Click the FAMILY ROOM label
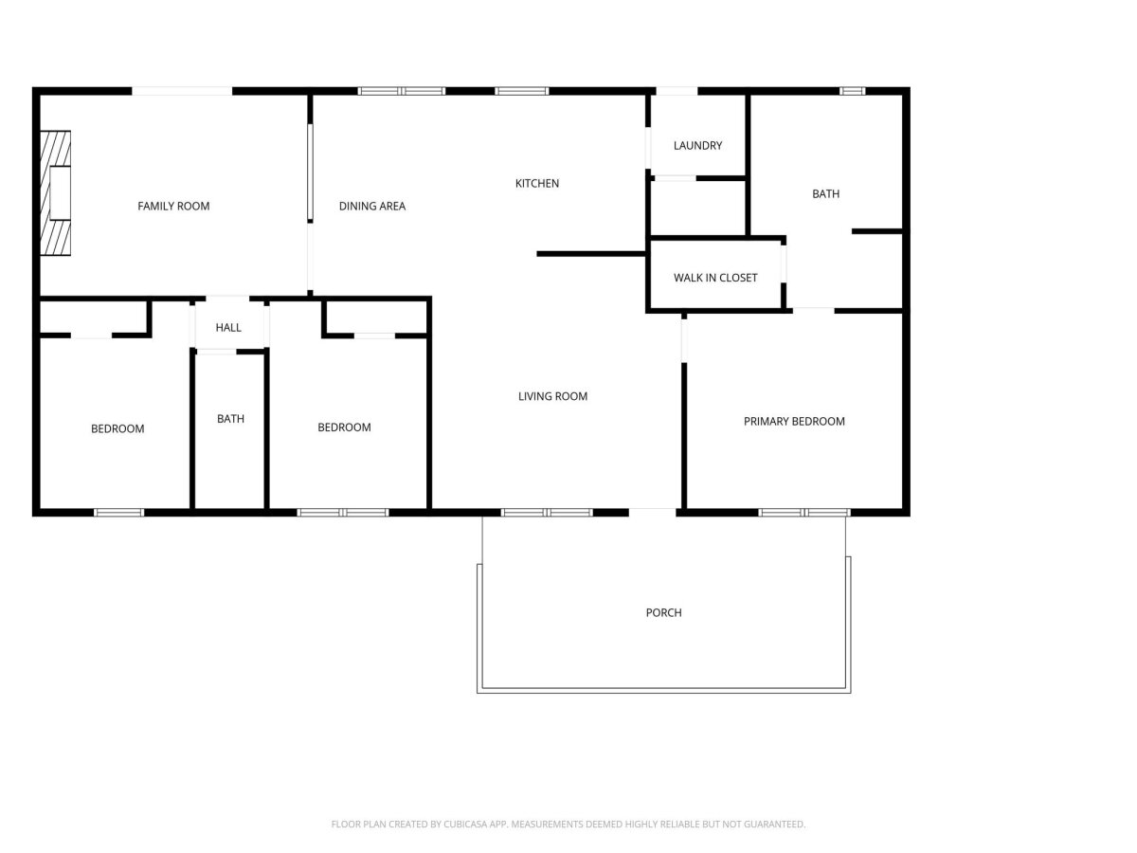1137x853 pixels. [173, 206]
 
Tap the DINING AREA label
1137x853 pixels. [372, 206]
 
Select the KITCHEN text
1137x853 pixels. [536, 183]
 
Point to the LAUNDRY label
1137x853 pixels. [697, 146]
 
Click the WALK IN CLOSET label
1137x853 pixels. [714, 278]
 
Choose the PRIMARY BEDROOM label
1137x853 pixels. [794, 422]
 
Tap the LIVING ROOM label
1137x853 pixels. [552, 396]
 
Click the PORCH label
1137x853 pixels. [663, 612]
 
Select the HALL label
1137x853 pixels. [228, 327]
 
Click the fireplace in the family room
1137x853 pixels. [55, 193]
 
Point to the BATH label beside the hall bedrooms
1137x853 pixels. [230, 419]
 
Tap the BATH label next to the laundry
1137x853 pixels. [825, 193]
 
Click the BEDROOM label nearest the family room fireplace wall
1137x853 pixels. [117, 428]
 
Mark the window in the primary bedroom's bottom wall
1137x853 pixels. [803, 513]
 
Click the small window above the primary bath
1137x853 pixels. [852, 91]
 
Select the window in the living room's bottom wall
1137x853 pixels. [547, 513]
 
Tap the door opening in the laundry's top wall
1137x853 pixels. [677, 91]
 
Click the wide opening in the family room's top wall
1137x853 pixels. [182, 91]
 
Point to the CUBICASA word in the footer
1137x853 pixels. [463, 824]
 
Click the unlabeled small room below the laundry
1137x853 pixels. [697, 208]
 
